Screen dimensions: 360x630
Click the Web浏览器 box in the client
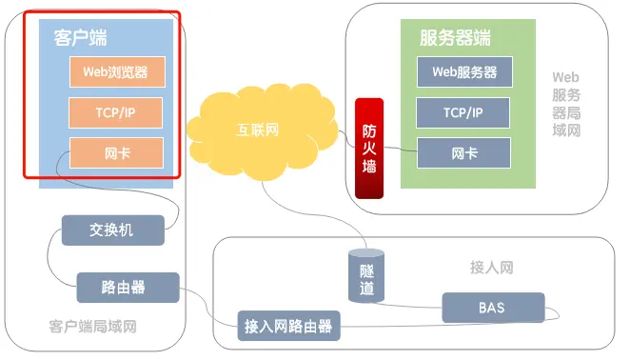(115, 72)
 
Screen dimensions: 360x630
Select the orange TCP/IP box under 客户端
(115, 112)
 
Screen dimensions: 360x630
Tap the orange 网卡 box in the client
(115, 152)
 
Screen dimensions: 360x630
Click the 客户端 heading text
(73, 38)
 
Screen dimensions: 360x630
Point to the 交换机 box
(112, 230)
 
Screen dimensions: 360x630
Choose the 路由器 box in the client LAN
(127, 286)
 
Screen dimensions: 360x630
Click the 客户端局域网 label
(93, 327)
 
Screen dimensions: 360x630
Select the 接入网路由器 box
(288, 327)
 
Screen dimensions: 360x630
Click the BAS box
(493, 308)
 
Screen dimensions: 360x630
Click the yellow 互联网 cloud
(259, 130)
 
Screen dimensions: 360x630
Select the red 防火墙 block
(368, 147)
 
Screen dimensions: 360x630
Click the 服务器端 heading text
(455, 38)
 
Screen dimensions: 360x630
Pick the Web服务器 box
(463, 72)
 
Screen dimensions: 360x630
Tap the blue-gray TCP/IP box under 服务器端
(463, 112)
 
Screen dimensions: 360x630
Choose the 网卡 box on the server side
(463, 152)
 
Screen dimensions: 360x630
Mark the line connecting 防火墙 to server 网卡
(400, 150)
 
